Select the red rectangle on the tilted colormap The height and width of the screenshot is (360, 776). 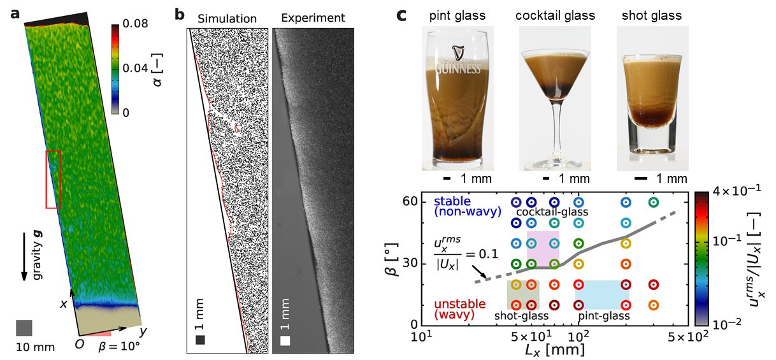pyautogui.click(x=54, y=179)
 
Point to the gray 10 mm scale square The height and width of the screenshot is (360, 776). pyautogui.click(x=24, y=328)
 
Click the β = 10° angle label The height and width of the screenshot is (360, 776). pyautogui.click(x=119, y=347)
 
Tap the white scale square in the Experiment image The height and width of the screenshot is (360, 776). pyautogui.click(x=285, y=340)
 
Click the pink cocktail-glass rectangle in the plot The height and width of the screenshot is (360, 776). pyautogui.click(x=543, y=247)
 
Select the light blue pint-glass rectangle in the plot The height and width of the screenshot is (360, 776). pyautogui.click(x=602, y=294)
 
